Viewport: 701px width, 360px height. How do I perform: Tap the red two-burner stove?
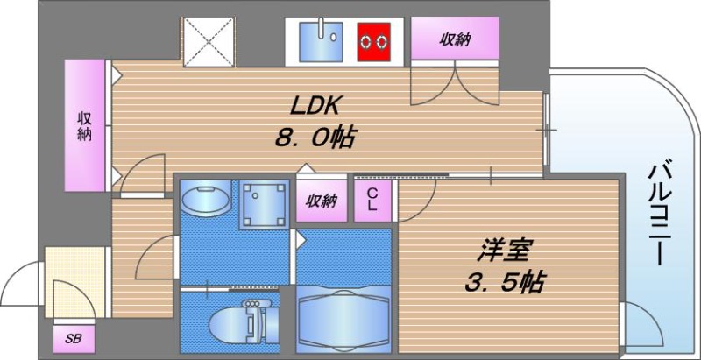[378, 40]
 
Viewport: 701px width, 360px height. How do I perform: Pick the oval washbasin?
[207, 200]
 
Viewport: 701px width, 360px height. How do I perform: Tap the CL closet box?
[372, 200]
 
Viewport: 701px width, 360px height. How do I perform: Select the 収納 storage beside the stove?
[455, 40]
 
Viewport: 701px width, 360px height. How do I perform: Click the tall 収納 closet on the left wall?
[86, 125]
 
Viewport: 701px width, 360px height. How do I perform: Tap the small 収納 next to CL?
[322, 201]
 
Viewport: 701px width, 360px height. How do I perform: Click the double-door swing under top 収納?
[455, 83]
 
